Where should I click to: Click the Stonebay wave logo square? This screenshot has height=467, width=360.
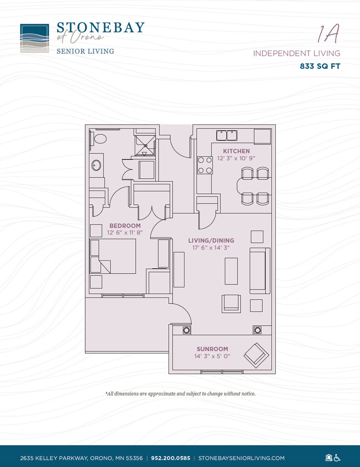coord(35,38)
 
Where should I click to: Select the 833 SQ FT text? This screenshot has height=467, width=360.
coord(320,66)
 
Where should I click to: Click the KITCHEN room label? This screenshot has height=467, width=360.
coord(236,151)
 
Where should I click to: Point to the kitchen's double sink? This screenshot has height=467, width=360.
coord(226,135)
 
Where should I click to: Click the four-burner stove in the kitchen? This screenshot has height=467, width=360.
coord(205,165)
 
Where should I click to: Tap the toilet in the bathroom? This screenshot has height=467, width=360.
coord(98,138)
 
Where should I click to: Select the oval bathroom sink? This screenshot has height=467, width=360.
coord(96,165)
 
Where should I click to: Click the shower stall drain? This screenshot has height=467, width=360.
coord(145,146)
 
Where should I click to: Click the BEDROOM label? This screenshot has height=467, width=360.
coord(125,225)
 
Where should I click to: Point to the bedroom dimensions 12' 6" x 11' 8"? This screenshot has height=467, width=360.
coord(125,233)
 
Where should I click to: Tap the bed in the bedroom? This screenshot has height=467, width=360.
coord(116,256)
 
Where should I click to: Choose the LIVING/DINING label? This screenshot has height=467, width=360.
coord(211,240)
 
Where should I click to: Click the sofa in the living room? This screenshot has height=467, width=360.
coord(259,270)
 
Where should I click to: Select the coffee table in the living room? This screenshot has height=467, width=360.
coord(231,271)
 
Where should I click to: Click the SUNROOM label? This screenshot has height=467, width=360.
coord(212,349)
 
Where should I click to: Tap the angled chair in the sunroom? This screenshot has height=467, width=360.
coord(257,355)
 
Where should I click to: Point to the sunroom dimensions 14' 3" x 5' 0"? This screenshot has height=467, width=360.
coord(212,356)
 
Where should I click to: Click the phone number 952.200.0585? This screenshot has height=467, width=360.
coord(171,458)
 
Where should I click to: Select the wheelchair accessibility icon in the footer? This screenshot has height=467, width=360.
coord(338,457)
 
